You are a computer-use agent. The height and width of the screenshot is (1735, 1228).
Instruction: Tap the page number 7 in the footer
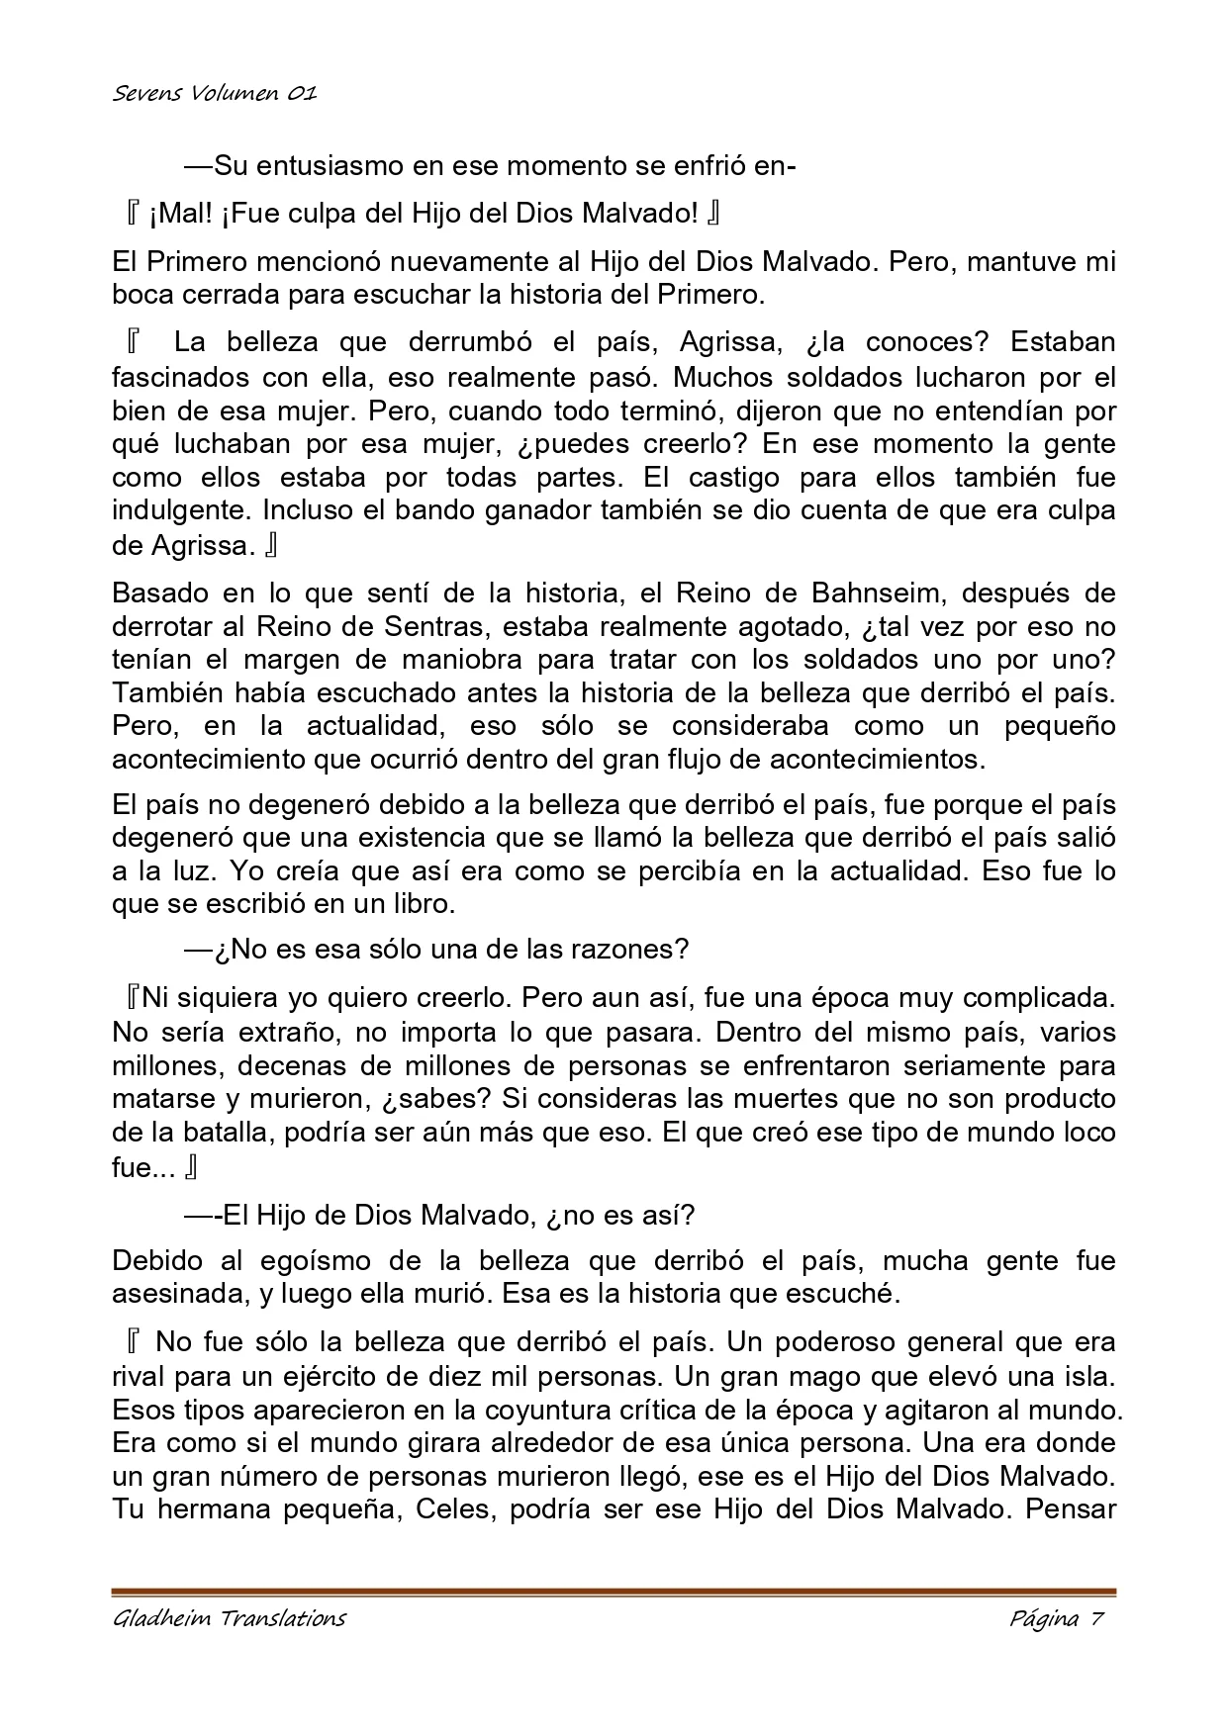(1095, 1619)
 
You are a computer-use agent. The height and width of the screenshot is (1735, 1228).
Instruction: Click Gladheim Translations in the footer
(230, 1619)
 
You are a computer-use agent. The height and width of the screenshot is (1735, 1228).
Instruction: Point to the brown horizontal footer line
(614, 1592)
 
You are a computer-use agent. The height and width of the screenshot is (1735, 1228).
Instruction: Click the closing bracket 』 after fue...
(191, 1168)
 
